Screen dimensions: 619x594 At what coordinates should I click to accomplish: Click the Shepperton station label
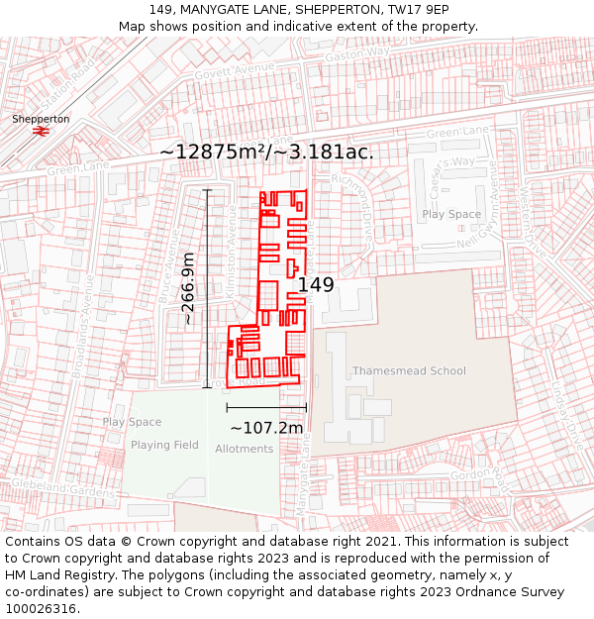[41, 119]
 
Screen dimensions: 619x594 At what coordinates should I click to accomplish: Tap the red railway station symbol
[42, 131]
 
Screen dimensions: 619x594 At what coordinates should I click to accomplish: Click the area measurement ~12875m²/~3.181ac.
[266, 152]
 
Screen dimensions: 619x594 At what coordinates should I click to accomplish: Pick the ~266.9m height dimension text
[187, 288]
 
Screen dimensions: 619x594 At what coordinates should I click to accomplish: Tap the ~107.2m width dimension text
[266, 428]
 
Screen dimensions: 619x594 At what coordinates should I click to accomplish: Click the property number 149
[316, 285]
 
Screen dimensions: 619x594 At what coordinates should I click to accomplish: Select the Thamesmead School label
[409, 371]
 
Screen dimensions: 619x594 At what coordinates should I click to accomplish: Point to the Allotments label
[244, 449]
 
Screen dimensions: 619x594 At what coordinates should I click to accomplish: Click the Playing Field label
[164, 445]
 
